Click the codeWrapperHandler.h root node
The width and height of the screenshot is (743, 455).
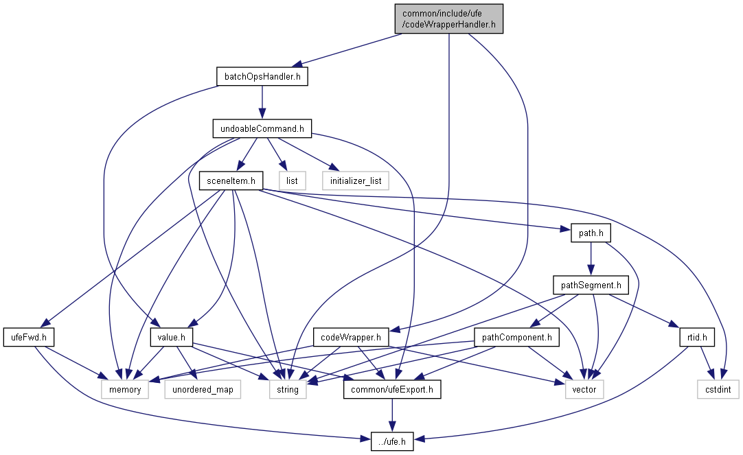tap(448, 19)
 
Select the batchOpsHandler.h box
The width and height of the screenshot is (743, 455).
tap(262, 77)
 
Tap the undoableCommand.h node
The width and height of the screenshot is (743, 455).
tap(262, 129)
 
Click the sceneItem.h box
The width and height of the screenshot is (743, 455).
tap(231, 181)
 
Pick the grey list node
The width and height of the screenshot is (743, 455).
tap(292, 181)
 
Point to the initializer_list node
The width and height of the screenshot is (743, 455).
tap(356, 181)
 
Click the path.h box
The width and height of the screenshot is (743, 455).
tap(591, 233)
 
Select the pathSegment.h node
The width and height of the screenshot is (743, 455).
tap(591, 285)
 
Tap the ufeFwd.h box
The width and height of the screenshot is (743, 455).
tap(28, 337)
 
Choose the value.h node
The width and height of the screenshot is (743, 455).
tap(171, 337)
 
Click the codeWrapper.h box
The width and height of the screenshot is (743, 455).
tap(351, 337)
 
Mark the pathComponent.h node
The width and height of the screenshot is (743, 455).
tap(516, 337)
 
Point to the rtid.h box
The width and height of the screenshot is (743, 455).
tap(696, 337)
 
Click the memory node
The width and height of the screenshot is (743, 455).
tap(124, 389)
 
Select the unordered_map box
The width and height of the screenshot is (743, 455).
tap(203, 389)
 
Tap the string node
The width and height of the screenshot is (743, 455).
tap(288, 389)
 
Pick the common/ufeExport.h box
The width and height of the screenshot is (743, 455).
tap(392, 389)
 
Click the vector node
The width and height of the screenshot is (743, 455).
tap(584, 389)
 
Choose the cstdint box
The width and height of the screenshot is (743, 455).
tap(718, 389)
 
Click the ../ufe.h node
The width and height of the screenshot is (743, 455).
tap(392, 441)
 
